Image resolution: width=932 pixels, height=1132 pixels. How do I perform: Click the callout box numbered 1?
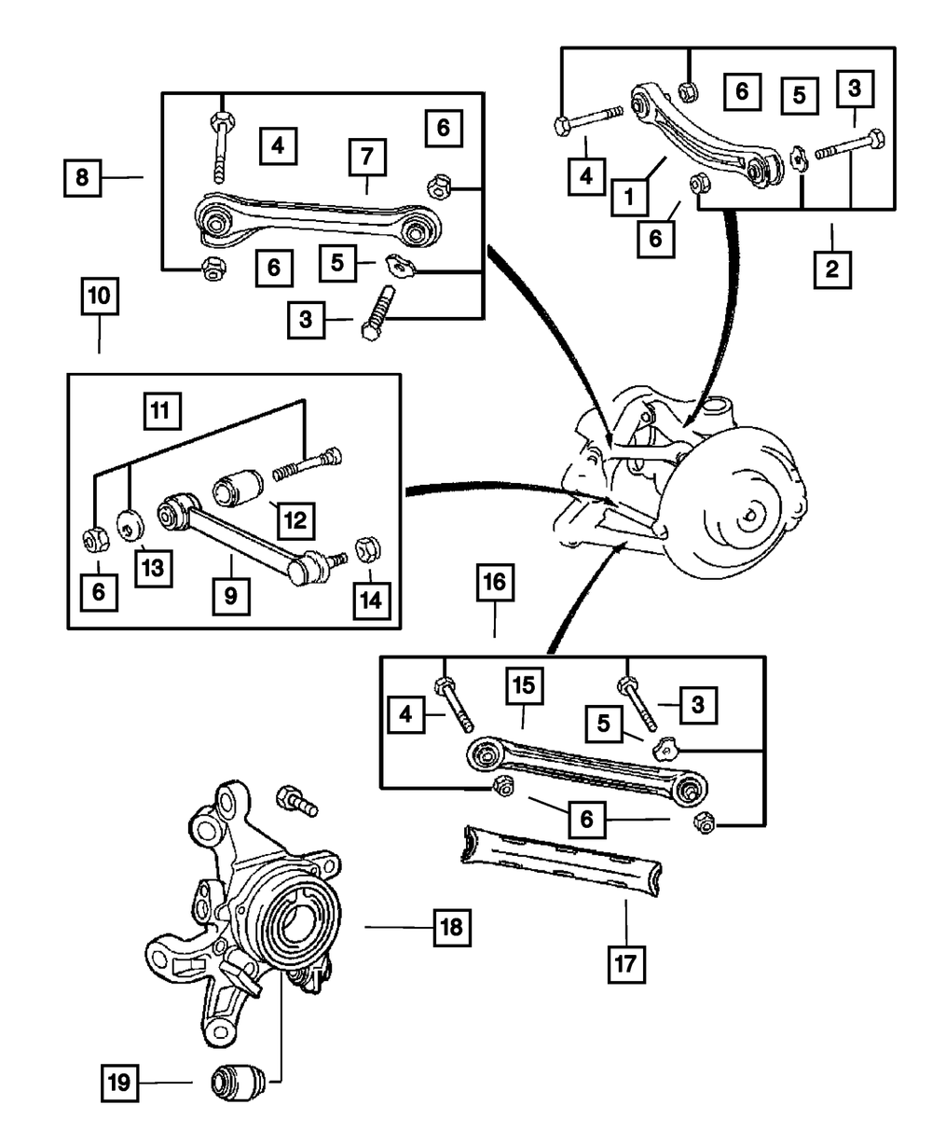630,198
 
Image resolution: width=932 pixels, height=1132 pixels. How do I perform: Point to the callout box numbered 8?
83,177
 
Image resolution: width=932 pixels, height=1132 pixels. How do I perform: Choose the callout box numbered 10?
99,299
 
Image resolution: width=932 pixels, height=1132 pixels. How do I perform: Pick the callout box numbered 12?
295,519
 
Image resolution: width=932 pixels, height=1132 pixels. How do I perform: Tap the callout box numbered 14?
371,601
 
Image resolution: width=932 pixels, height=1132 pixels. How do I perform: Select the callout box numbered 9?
229,594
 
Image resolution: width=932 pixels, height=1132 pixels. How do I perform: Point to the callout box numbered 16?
494,585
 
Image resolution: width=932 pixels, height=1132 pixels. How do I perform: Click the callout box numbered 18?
450,928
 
